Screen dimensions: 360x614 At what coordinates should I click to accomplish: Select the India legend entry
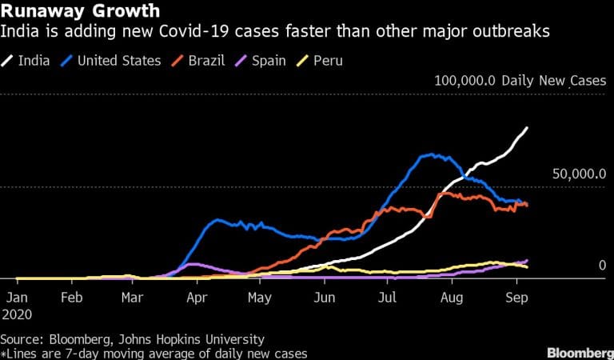tap(31, 60)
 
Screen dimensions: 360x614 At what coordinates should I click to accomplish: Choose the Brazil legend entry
tap(207, 60)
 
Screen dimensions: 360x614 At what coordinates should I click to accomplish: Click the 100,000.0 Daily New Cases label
tap(520, 81)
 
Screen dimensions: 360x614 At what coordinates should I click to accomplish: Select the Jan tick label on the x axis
tap(15, 295)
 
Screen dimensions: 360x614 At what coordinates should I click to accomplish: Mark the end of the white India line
tap(527, 128)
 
